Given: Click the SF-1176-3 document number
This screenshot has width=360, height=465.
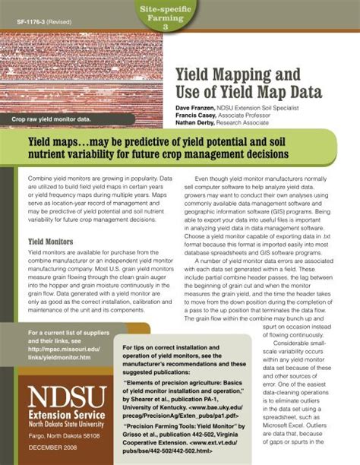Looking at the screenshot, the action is pos(30,22).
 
